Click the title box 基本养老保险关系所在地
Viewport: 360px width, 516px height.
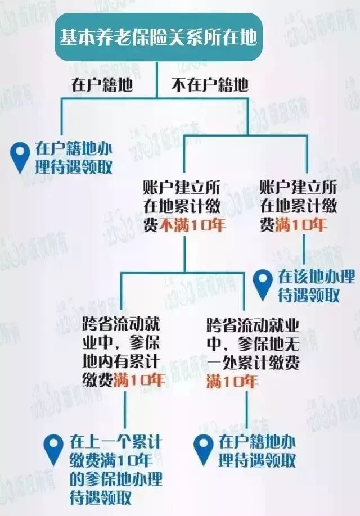(x=159, y=37)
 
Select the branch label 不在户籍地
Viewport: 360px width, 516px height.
(x=210, y=85)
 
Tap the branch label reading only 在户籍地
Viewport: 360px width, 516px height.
(x=102, y=85)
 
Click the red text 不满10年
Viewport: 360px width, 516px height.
(x=193, y=225)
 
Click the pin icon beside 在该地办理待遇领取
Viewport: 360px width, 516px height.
(x=263, y=284)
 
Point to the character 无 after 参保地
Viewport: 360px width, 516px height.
(x=291, y=344)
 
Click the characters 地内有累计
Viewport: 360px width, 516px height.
(x=121, y=361)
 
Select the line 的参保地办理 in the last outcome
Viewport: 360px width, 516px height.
(x=116, y=479)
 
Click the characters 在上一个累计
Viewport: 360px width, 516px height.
(x=116, y=442)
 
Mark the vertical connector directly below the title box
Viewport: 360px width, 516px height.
(x=157, y=80)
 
